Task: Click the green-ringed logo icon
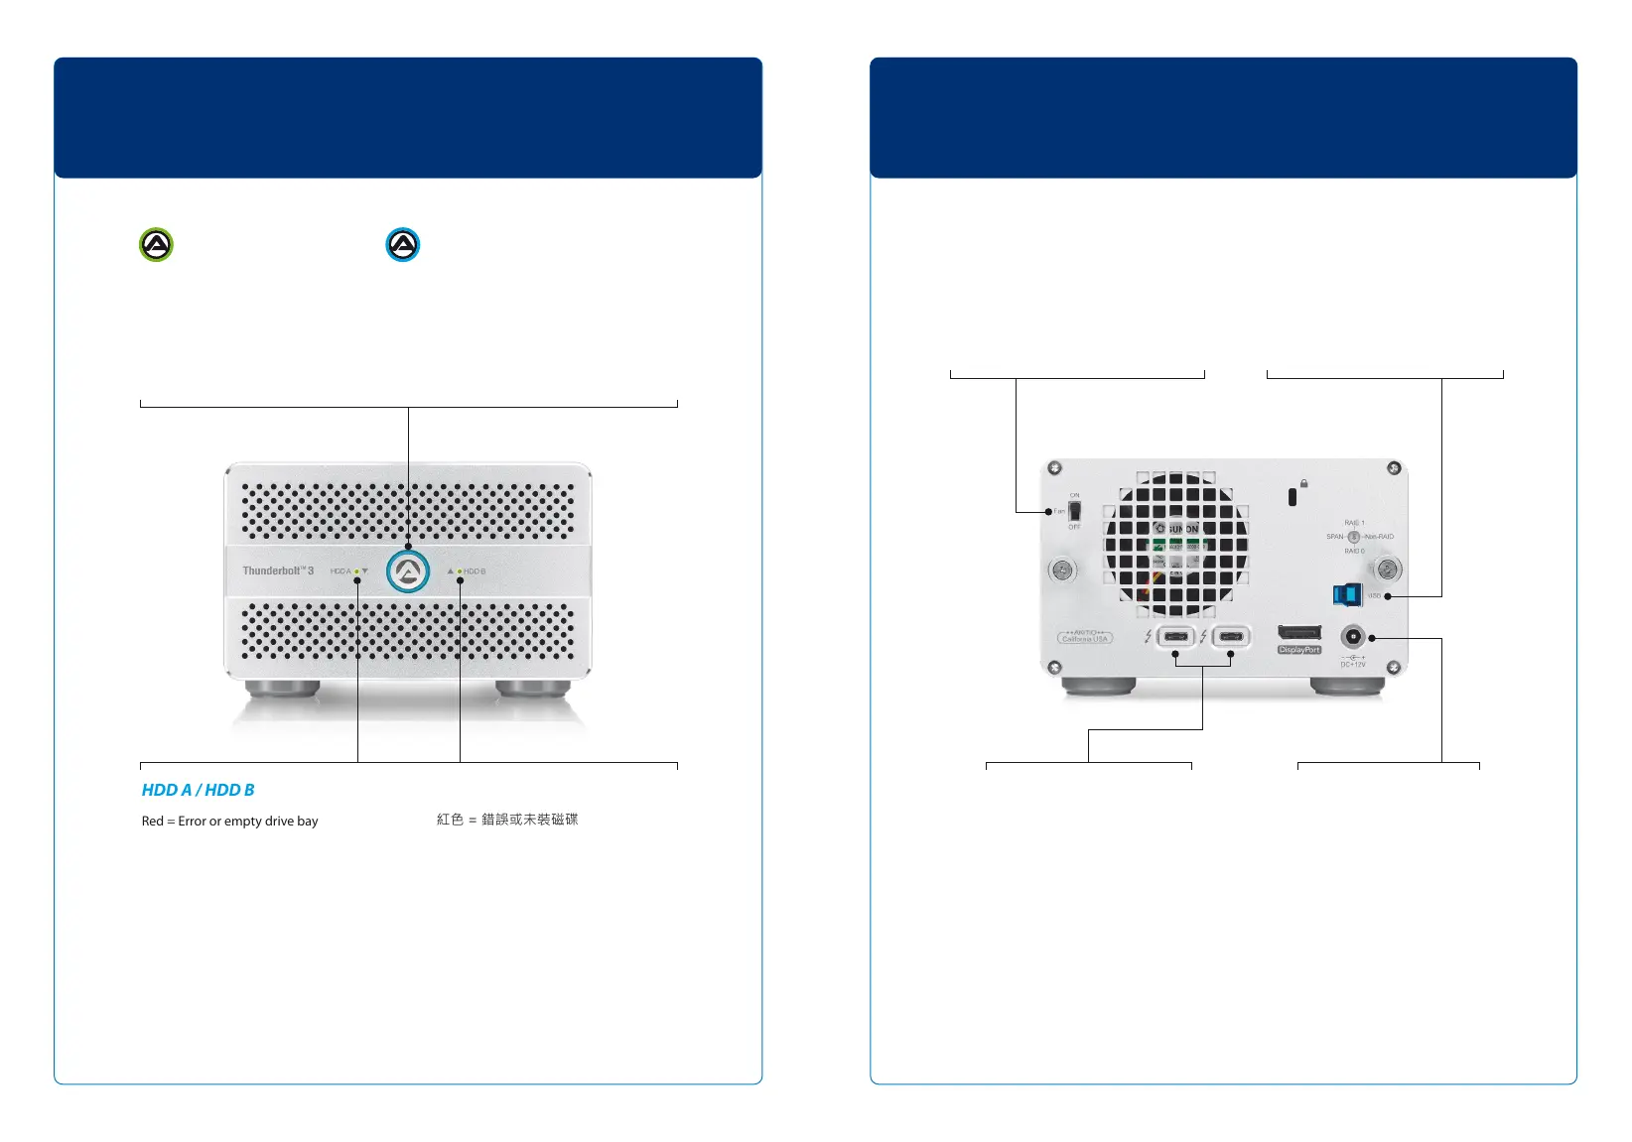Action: (156, 244)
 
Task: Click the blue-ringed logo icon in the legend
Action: (403, 244)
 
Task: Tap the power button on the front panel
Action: (408, 571)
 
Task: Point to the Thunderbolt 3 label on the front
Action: (278, 571)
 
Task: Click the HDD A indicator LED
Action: (356, 571)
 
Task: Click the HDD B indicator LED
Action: (459, 571)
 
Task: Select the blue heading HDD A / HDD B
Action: (198, 790)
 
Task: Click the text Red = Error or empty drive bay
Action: (229, 822)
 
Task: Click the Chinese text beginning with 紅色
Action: (507, 820)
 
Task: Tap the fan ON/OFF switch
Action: (1074, 512)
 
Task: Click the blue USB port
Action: (1346, 595)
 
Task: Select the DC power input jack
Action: (1352, 637)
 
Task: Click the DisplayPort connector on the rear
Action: (1298, 633)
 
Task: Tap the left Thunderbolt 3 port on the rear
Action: (1176, 636)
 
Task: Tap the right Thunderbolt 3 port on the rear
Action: (1231, 636)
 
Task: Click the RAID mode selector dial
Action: (1353, 537)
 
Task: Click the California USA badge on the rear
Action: (1084, 637)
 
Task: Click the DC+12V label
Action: (1353, 664)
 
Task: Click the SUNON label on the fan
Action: (1179, 529)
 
